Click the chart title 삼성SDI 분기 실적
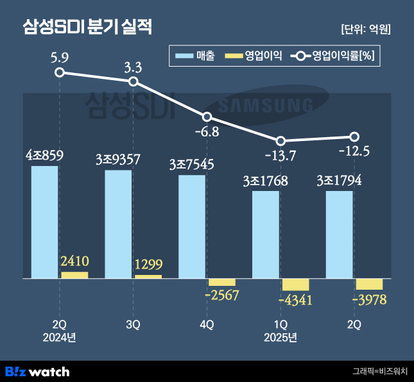click(88, 28)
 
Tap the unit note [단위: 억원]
click(365, 29)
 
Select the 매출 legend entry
click(195, 56)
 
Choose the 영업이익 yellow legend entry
click(254, 56)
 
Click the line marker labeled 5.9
click(60, 72)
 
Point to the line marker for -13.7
click(280, 141)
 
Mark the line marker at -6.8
click(207, 117)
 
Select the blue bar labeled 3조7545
click(192, 227)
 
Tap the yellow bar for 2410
click(74, 275)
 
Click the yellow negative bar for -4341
click(295, 285)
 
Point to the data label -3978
click(369, 300)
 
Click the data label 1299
click(148, 263)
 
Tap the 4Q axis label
click(207, 325)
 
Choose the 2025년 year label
click(280, 337)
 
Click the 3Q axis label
click(133, 325)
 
